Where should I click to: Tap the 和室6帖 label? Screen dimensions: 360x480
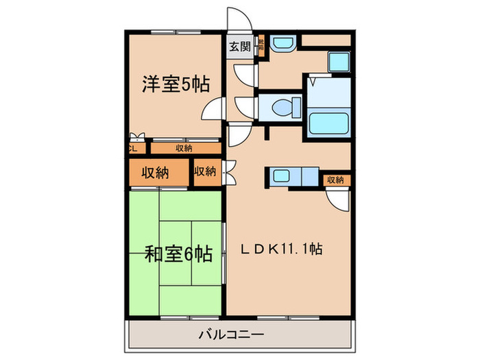pyautogui.click(x=177, y=255)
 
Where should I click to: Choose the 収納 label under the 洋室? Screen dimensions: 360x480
pyautogui.click(x=183, y=147)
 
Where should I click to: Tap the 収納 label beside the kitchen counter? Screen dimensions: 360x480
pyautogui.click(x=335, y=180)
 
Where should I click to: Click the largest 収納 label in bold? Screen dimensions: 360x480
pyautogui.click(x=156, y=173)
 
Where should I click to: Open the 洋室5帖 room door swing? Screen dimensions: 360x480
pyautogui.click(x=215, y=110)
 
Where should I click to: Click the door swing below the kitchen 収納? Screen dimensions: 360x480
pyautogui.click(x=337, y=200)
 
